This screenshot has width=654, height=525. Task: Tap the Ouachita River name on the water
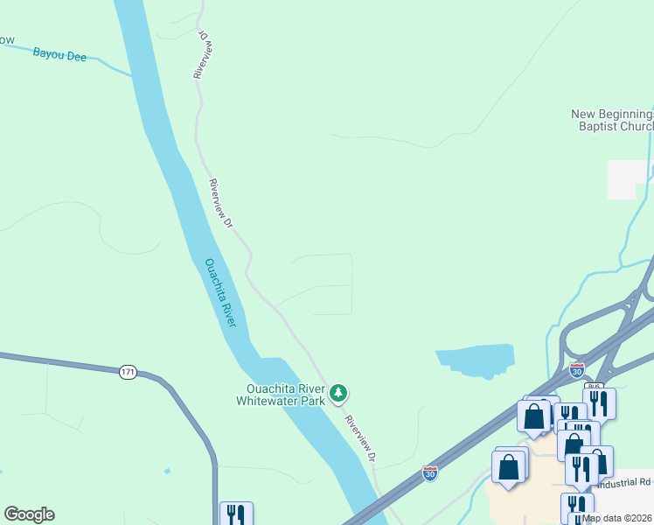[220, 292]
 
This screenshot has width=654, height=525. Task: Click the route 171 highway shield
[128, 373]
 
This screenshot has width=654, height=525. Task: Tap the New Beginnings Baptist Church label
[612, 120]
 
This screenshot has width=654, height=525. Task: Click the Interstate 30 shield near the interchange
[576, 370]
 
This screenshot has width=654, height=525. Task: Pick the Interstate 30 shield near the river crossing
[430, 472]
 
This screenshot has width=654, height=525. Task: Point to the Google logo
[29, 514]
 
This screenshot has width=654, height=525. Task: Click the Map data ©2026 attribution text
[617, 518]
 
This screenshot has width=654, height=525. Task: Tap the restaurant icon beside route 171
[235, 514]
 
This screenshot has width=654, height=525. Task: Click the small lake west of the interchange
[477, 360]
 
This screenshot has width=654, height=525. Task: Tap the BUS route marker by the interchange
[594, 386]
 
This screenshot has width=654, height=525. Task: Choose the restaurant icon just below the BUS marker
[599, 402]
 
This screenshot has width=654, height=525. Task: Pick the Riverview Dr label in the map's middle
[220, 204]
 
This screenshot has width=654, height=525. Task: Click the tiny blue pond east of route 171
[166, 472]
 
